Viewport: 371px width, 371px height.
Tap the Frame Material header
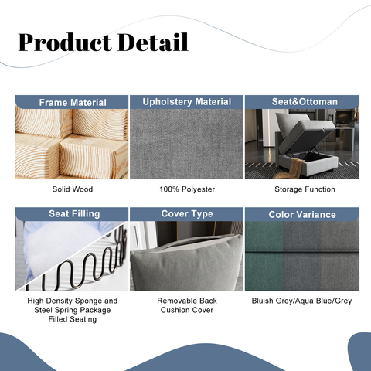pyautogui.click(x=73, y=102)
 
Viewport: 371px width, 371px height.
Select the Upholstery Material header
pyautogui.click(x=186, y=101)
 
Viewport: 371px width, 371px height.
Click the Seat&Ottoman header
pyautogui.click(x=301, y=101)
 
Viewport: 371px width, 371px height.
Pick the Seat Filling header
pyautogui.click(x=73, y=214)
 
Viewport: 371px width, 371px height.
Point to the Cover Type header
pyautogui.click(x=186, y=213)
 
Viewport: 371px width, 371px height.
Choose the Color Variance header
pyautogui.click(x=301, y=214)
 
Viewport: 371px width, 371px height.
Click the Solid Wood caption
pyautogui.click(x=73, y=189)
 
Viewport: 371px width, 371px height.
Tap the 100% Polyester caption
pyautogui.click(x=186, y=189)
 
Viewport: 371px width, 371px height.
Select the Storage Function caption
pyautogui.click(x=301, y=189)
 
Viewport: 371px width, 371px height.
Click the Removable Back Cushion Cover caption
pyautogui.click(x=186, y=305)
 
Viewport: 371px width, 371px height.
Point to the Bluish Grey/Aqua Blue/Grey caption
pyautogui.click(x=301, y=301)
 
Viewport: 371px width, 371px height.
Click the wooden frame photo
pyautogui.click(x=73, y=144)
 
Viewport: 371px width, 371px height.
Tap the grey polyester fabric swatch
pyautogui.click(x=186, y=144)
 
